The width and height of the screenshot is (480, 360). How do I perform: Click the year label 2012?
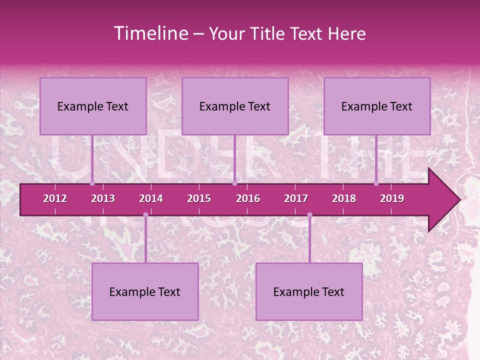(x=55, y=198)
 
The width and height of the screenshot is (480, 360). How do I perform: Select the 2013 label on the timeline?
(x=103, y=198)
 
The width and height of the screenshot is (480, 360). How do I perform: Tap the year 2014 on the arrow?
(x=151, y=198)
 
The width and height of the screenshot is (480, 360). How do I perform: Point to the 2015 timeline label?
(x=199, y=198)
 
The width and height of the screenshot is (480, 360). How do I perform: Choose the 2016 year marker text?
(x=248, y=198)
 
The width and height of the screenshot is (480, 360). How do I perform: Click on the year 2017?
(x=296, y=198)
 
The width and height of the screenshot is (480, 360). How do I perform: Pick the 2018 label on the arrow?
(x=344, y=198)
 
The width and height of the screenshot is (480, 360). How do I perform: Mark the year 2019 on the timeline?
(x=392, y=198)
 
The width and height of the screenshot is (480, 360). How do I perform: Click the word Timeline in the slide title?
(x=149, y=33)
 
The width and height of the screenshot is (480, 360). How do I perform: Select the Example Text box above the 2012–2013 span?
(x=93, y=106)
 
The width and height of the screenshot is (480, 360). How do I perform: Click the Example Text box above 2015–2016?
(x=235, y=106)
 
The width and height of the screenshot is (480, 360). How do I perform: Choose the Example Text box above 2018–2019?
(x=377, y=106)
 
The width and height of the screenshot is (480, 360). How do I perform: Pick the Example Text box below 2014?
(x=145, y=291)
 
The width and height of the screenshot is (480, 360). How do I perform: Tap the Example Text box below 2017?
(x=309, y=291)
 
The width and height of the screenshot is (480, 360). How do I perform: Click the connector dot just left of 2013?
(x=92, y=183)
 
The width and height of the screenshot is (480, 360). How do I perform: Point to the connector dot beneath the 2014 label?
(x=145, y=215)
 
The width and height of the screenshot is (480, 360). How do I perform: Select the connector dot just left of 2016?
(x=234, y=183)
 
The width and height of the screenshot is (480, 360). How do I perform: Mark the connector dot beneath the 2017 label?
(x=309, y=215)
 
